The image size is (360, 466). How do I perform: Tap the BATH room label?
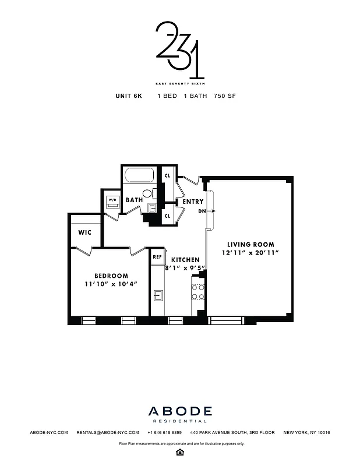[134, 200]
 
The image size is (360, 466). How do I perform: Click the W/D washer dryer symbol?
[112, 201]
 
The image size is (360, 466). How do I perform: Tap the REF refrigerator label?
[157, 256]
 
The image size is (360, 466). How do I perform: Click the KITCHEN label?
[185, 260]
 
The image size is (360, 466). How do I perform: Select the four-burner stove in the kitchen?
[198, 292]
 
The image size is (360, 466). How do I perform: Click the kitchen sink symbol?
[157, 295]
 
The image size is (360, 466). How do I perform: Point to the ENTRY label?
[193, 202]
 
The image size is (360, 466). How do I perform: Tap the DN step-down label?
[202, 211]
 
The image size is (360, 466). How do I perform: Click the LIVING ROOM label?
[250, 244]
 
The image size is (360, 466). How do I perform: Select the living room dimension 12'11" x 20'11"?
[250, 253]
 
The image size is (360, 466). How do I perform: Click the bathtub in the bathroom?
[139, 176]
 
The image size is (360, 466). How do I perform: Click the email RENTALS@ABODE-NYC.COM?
[108, 433]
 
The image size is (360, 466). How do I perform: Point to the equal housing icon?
[179, 452]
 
